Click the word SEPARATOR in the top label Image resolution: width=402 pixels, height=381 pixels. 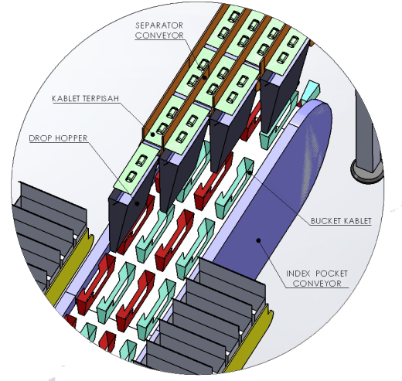click(x=159, y=26)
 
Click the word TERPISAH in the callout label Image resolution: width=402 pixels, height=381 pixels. click(x=101, y=98)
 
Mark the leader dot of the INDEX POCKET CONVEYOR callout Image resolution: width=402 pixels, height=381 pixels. click(x=258, y=240)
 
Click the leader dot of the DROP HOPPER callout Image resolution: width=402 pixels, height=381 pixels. click(x=138, y=203)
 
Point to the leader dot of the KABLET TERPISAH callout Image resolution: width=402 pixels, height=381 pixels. click(x=153, y=134)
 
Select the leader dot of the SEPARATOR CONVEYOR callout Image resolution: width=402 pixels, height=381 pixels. click(x=204, y=77)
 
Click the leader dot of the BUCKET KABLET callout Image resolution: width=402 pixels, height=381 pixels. click(x=250, y=172)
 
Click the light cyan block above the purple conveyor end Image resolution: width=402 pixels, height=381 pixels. click(x=311, y=90)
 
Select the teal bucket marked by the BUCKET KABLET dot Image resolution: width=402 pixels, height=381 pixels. click(x=234, y=188)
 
